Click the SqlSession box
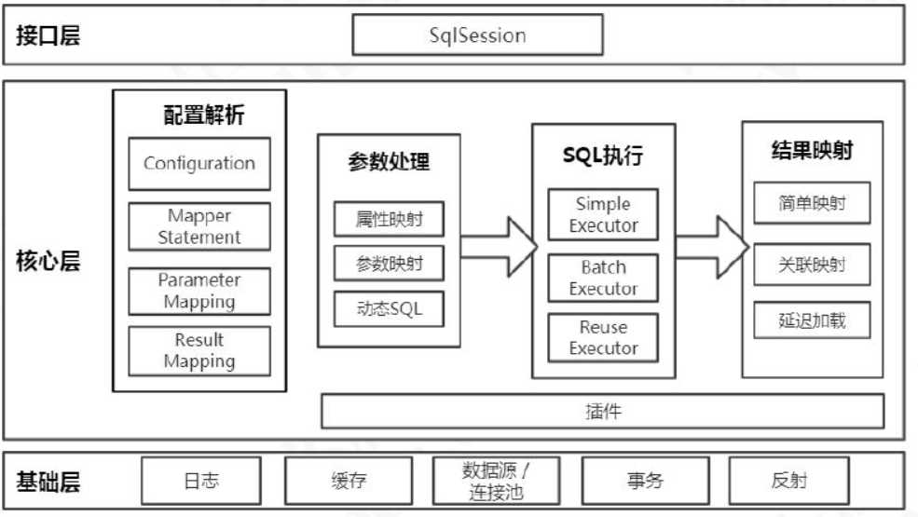coord(477,35)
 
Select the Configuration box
coord(199,164)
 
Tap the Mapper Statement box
coord(199,226)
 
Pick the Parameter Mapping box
coord(199,291)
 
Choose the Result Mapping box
coord(199,350)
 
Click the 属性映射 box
coord(389,219)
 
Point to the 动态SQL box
coord(389,308)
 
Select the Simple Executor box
coord(603,215)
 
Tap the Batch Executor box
coord(603,278)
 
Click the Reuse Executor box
coord(603,338)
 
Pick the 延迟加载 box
coord(812,320)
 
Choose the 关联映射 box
coord(812,265)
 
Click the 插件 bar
coord(602,411)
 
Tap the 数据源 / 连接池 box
coord(497,481)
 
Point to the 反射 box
coord(788,481)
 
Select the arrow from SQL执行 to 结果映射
coord(711,246)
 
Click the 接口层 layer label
coord(48,36)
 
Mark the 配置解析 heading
coord(204,115)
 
